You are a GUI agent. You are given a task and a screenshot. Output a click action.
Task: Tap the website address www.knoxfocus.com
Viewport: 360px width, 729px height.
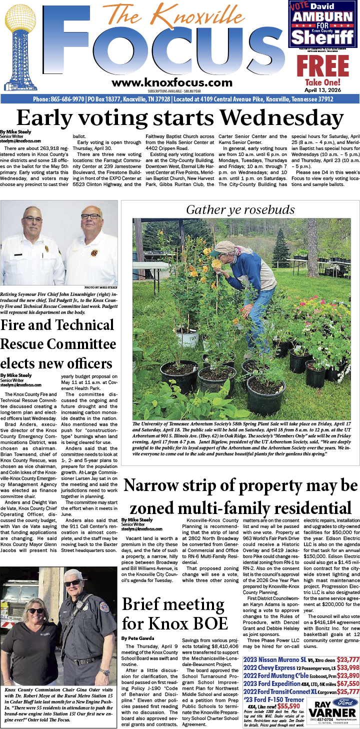coord(172,83)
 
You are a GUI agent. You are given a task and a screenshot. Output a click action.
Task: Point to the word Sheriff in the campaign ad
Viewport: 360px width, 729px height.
coord(323,37)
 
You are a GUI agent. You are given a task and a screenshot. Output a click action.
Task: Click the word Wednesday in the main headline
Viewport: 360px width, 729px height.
coord(282,118)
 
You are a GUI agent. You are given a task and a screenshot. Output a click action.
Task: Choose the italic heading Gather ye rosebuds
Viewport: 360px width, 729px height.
coord(240,209)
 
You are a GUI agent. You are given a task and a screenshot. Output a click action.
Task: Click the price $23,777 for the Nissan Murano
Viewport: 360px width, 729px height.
coord(348,659)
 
